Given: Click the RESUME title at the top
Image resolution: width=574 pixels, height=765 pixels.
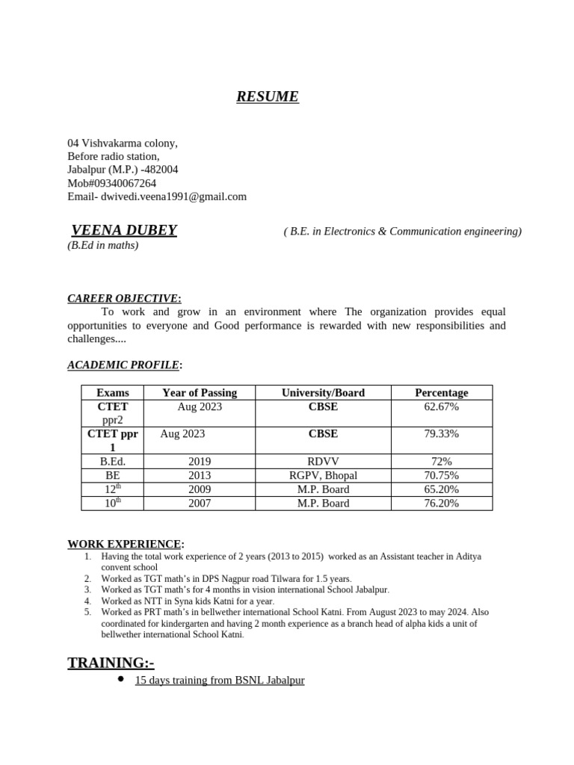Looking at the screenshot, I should coord(267,96).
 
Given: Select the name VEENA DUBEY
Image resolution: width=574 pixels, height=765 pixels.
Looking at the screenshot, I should coord(124,230).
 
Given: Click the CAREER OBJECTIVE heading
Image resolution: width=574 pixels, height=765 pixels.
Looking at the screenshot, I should coord(123,298).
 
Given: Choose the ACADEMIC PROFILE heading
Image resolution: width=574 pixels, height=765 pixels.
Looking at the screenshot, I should coord(123,365).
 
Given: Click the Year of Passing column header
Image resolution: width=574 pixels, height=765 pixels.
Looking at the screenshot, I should coord(200,392).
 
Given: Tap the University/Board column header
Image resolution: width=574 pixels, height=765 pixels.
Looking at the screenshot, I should coord(323,392).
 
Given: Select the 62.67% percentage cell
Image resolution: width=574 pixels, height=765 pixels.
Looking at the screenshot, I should coord(441,407).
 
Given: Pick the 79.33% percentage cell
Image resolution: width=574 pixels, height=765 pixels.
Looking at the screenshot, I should coord(441,434).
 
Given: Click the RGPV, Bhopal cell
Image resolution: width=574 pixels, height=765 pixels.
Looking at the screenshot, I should coord(323,475).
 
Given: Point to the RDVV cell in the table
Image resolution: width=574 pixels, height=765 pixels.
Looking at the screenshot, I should coord(323,462).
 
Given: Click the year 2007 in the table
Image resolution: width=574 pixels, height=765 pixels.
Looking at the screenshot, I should coord(200,504).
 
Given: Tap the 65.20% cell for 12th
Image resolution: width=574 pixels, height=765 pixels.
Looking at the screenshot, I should coord(441,489).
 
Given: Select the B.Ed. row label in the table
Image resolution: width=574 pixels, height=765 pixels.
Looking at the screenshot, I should coord(113,462).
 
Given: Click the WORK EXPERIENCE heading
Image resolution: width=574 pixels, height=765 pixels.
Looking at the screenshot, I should coord(124,544).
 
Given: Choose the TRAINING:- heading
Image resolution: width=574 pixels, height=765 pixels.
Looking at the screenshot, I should coord(111,663).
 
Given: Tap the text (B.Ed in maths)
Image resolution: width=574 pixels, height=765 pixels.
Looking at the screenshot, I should coord(103,245).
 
